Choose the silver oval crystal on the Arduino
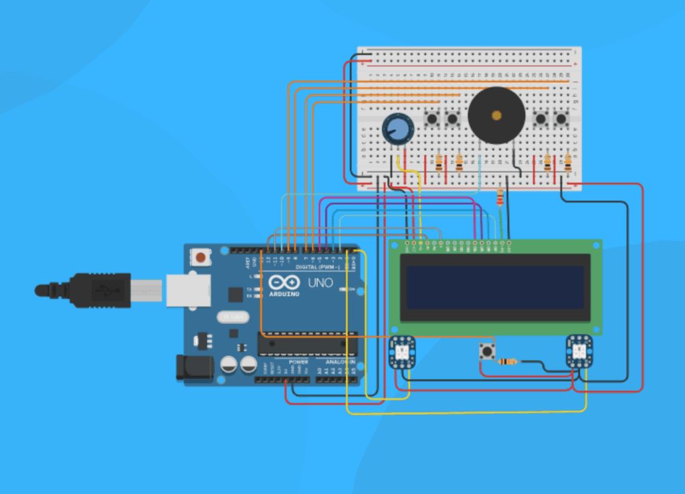point(231,317)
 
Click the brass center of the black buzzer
point(496,115)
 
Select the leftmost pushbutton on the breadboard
point(433,120)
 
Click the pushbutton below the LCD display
point(486,351)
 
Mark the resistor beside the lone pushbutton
point(508,362)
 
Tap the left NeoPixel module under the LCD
point(403,351)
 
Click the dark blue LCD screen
point(495,287)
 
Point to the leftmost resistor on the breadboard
point(439,162)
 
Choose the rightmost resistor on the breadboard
point(568,162)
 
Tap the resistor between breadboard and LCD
point(500,197)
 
